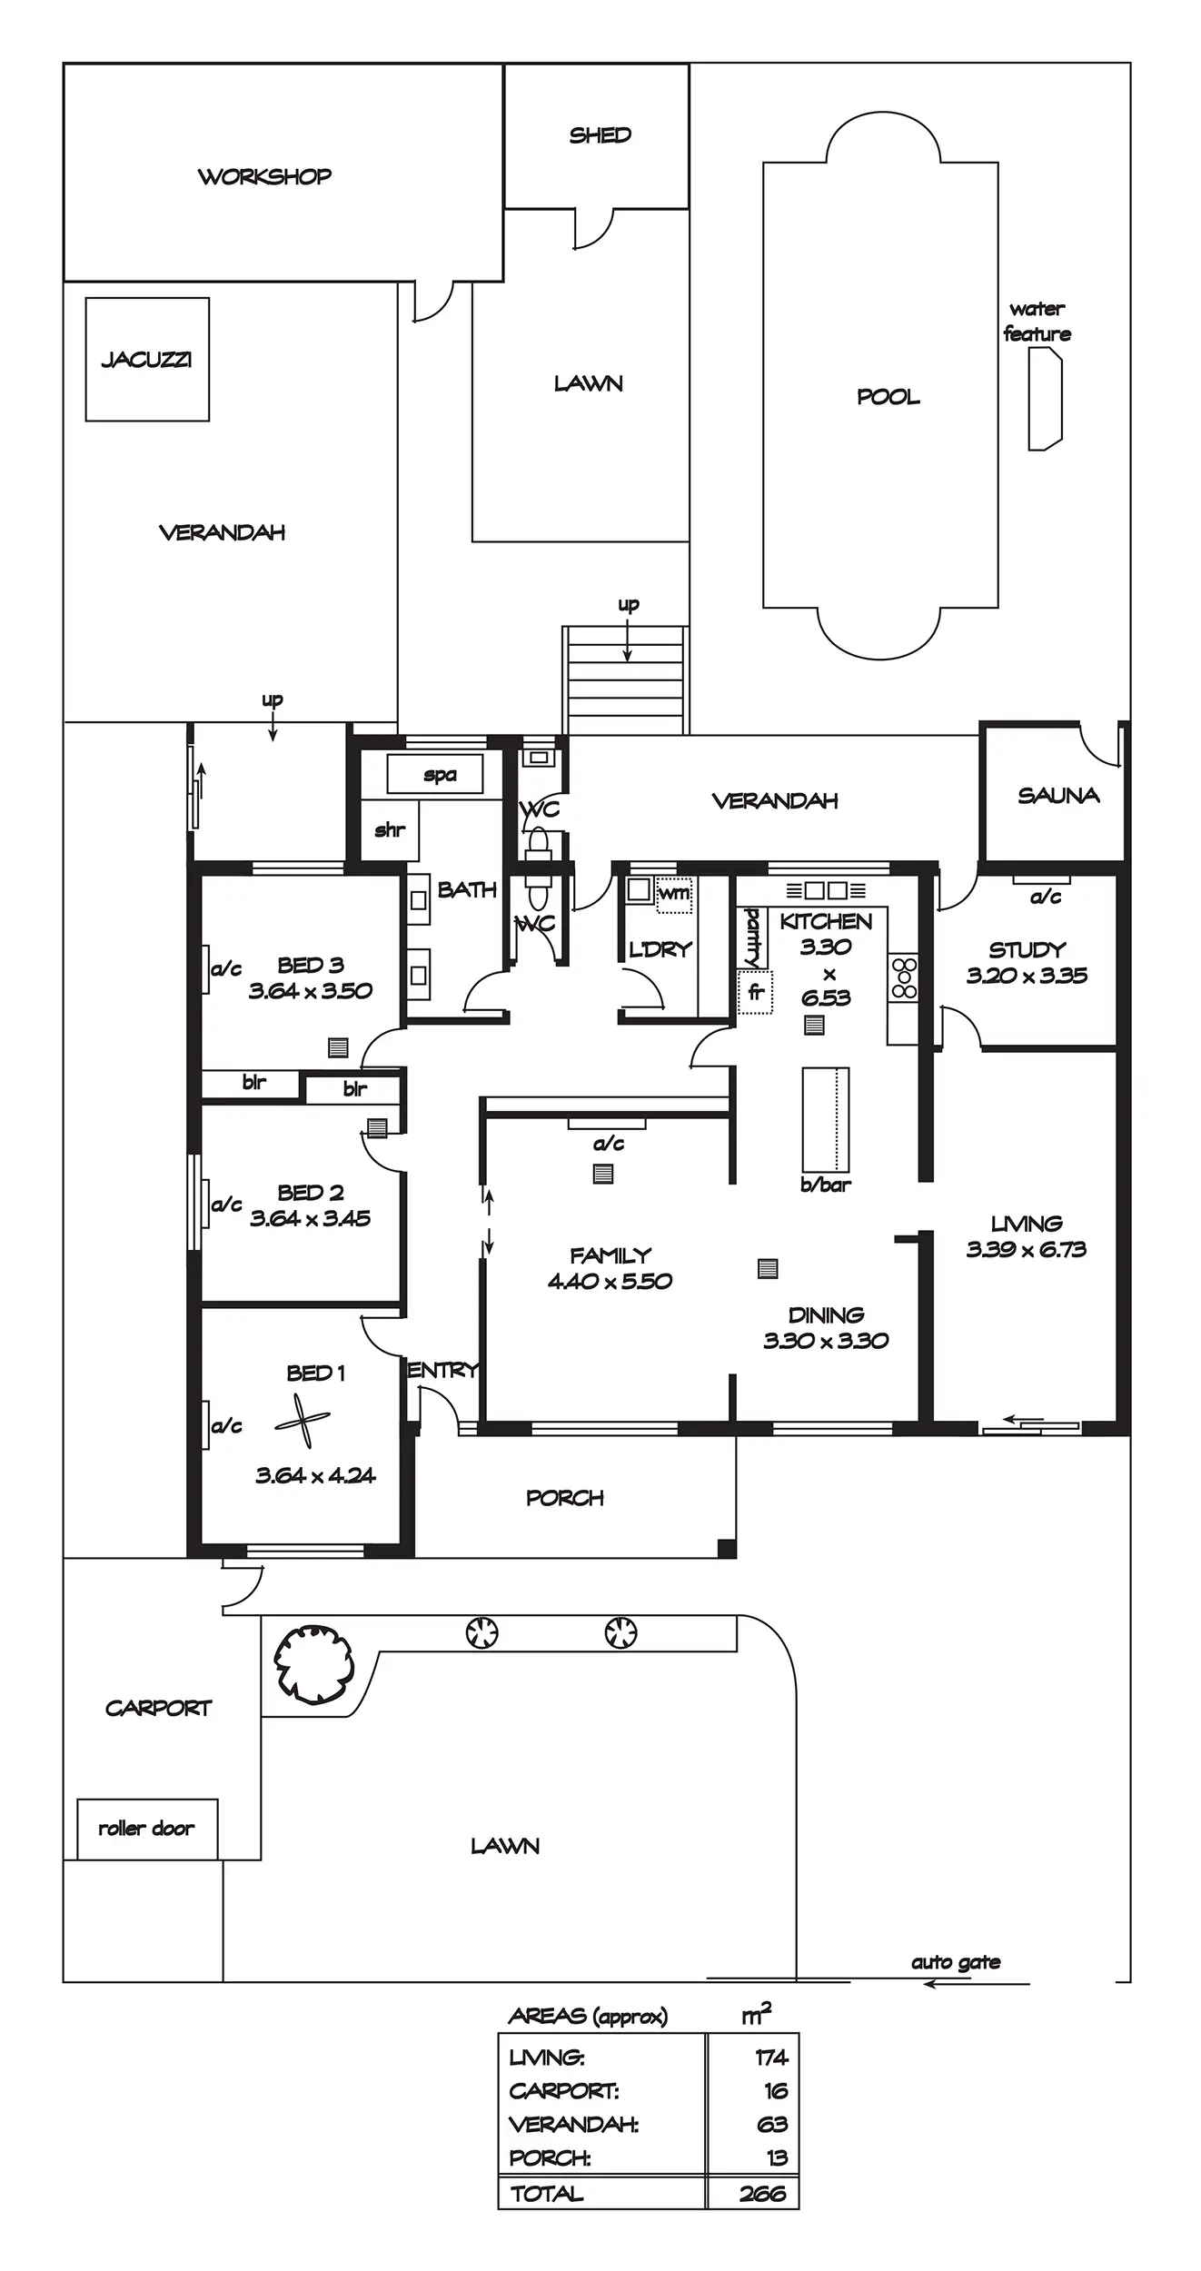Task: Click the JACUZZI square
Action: (x=147, y=360)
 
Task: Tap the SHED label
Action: (x=600, y=135)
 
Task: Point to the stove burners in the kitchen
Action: (x=904, y=977)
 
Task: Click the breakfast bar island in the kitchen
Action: (x=825, y=1119)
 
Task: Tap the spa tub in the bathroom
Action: (x=434, y=774)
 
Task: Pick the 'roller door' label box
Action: (x=147, y=1829)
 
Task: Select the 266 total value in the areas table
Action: (x=762, y=2194)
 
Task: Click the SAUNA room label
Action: (x=1058, y=796)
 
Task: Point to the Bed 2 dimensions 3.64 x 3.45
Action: (x=310, y=1218)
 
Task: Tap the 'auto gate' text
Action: (x=956, y=1962)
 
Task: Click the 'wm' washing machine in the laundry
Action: (x=674, y=892)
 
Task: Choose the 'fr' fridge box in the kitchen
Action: (x=755, y=992)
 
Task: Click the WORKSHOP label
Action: (x=264, y=176)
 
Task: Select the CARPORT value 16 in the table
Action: (x=775, y=2091)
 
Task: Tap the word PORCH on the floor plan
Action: (x=564, y=1498)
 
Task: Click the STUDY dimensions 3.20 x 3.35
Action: (x=1027, y=976)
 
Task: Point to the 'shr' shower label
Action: (x=390, y=829)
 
